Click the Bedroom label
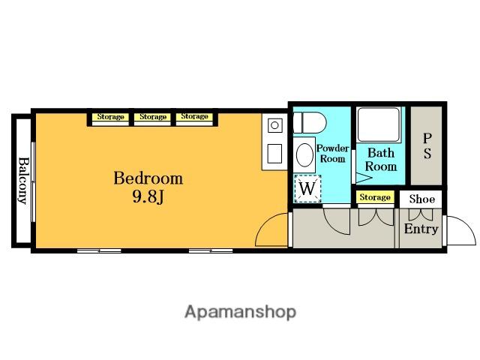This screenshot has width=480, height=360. pos(148,178)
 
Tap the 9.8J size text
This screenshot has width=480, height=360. pos(148,196)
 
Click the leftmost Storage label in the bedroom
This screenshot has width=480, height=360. pos(110,117)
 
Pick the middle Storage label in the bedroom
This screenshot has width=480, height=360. pos(153,117)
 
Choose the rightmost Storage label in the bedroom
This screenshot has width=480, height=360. pos(194,116)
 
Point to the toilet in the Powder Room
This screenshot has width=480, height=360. pos(310,122)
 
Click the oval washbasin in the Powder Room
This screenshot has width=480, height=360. pos(305,155)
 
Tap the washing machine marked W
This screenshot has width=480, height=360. pos(307,189)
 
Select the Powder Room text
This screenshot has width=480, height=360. pos(333,154)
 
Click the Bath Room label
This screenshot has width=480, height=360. pos(381,160)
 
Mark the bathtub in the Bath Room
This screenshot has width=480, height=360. pos(379,124)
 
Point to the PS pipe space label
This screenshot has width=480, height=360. pos(427,146)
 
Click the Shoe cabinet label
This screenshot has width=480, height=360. pos(421,199)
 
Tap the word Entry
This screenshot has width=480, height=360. pos(421,229)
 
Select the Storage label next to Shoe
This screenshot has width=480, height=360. pos(375,197)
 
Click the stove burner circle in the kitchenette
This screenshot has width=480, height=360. pos(274,125)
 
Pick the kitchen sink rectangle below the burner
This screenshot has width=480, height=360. pos(274,154)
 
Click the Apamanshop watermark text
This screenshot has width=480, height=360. pos(240,312)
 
